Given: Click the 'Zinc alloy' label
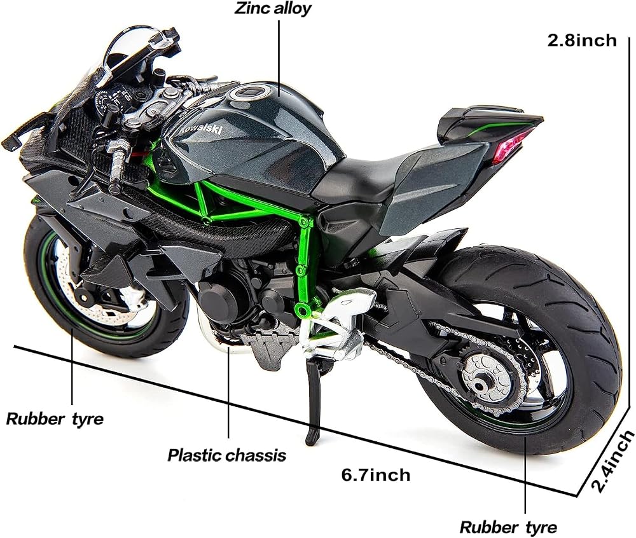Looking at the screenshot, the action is [273, 8].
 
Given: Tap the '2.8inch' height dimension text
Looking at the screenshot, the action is [582, 41].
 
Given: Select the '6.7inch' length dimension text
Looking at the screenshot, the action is [376, 475].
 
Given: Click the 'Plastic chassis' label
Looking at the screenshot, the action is [227, 455].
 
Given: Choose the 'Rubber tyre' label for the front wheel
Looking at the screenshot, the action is [55, 419].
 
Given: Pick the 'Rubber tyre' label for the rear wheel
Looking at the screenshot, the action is [508, 527].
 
